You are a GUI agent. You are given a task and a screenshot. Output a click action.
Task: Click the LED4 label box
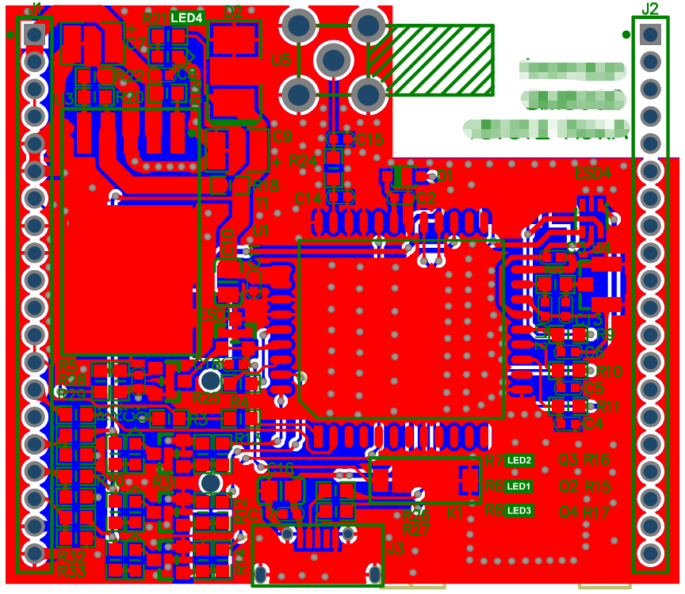(186, 17)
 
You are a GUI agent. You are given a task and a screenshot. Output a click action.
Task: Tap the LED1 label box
(519, 485)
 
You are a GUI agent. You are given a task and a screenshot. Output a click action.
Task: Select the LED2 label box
(519, 460)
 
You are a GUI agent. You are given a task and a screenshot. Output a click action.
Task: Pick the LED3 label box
(519, 511)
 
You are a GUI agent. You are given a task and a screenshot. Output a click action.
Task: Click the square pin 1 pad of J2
(651, 34)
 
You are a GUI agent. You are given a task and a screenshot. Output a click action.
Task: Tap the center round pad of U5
(334, 60)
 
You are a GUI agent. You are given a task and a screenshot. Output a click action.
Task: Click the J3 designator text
(396, 547)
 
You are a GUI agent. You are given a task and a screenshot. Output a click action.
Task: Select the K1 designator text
(455, 514)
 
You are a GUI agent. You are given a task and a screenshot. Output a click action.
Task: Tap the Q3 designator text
(568, 459)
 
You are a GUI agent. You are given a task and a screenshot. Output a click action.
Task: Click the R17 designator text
(596, 512)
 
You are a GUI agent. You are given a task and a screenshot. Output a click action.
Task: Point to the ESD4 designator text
(593, 173)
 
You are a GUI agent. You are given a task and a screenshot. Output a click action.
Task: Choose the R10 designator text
(609, 371)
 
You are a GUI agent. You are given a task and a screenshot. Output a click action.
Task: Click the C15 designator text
(370, 140)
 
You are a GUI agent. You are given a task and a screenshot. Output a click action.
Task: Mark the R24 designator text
(303, 160)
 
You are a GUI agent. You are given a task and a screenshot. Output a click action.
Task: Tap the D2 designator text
(234, 11)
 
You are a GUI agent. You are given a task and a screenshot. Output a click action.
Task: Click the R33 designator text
(71, 570)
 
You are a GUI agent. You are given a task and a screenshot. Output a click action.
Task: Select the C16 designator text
(281, 467)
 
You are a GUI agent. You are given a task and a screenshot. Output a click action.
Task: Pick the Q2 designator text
(568, 485)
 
